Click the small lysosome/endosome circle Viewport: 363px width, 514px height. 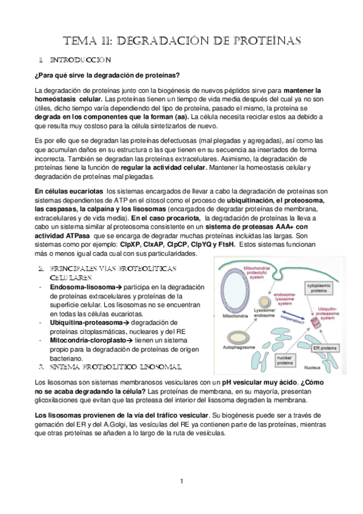coord(265,302)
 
